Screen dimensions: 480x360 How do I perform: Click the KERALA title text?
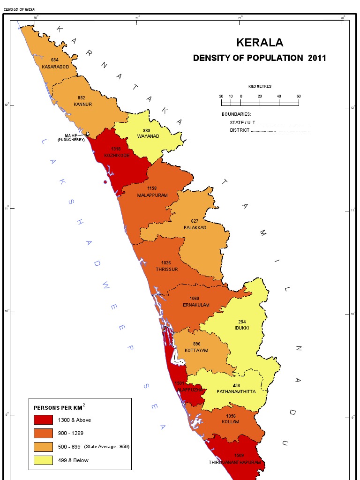click(x=260, y=43)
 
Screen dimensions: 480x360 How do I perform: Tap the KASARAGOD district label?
click(x=55, y=67)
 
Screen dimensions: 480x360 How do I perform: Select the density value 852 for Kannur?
click(x=82, y=98)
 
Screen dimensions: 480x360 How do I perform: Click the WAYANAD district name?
click(x=148, y=136)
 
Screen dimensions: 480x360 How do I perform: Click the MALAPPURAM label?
click(x=152, y=195)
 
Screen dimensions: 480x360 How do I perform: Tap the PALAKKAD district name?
click(x=195, y=227)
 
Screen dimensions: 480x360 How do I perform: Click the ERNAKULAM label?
click(x=196, y=305)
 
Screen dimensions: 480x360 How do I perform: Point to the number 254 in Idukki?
click(x=242, y=322)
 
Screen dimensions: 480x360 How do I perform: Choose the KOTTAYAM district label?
click(x=196, y=351)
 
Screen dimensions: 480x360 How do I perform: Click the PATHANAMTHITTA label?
click(x=236, y=392)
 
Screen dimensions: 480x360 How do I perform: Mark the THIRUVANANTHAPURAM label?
click(x=235, y=463)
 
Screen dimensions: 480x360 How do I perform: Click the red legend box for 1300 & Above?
click(x=43, y=420)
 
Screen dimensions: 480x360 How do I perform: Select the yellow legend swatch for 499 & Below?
click(x=43, y=460)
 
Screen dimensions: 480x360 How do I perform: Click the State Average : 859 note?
click(x=106, y=447)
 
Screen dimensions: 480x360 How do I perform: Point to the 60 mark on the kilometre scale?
click(x=299, y=96)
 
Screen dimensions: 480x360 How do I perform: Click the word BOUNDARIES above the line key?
click(x=236, y=114)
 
